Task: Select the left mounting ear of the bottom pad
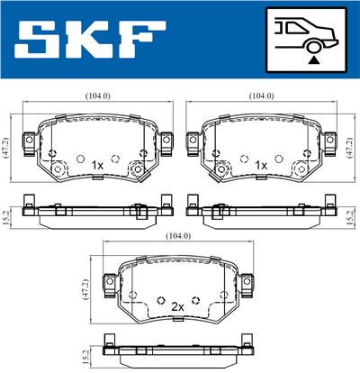pyautogui.click(x=108, y=283)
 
